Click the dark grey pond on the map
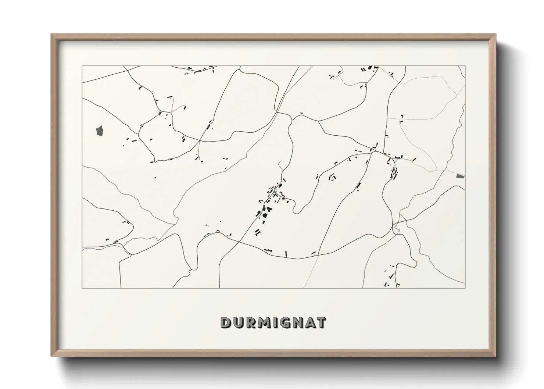click(100, 130)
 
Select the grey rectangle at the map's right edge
click(460, 176)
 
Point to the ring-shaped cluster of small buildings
click(332, 177)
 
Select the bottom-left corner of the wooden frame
click(51, 356)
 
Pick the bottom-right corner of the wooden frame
click(496, 356)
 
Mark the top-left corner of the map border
click(82, 66)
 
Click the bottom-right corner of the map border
click(465, 288)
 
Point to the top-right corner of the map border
click(465, 66)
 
